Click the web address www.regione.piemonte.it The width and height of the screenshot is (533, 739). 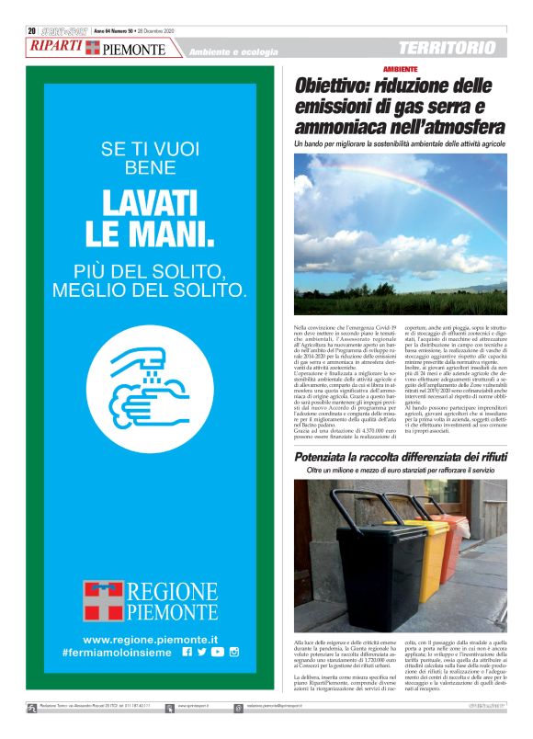coord(150,639)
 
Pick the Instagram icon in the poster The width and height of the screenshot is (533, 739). coord(234,652)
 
